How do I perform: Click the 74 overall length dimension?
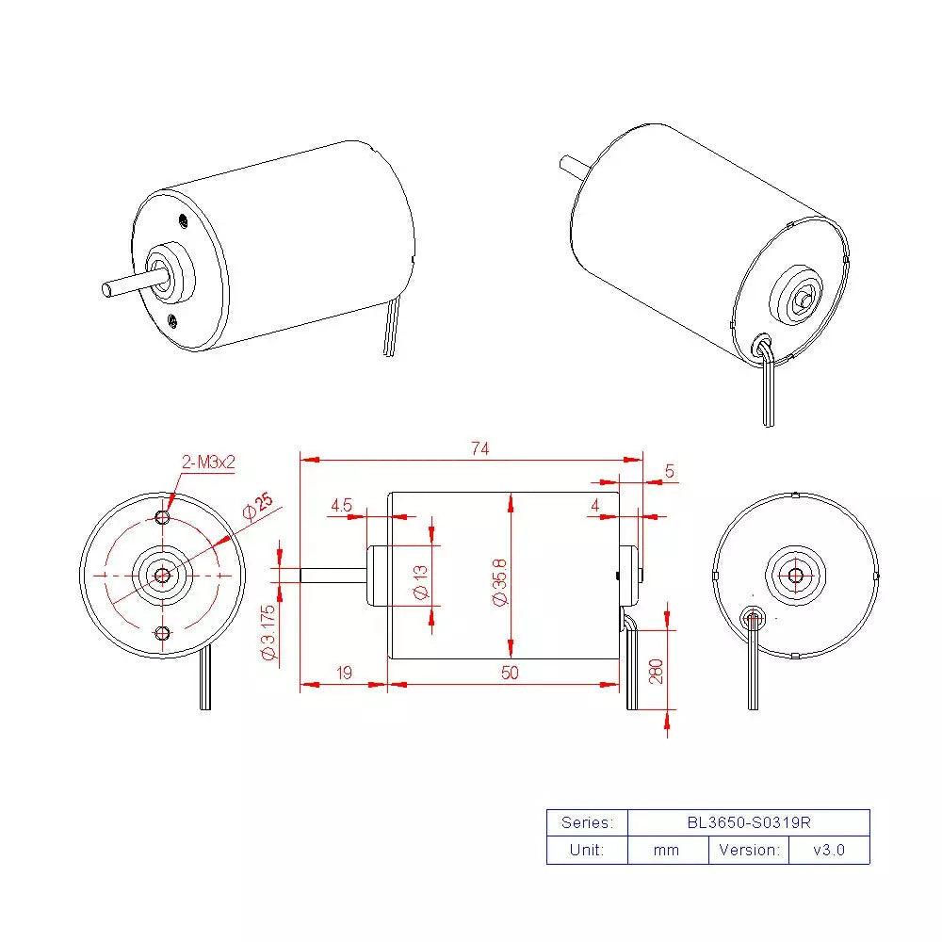click(479, 449)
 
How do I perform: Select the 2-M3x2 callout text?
click(209, 463)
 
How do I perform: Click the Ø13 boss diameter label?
click(420, 581)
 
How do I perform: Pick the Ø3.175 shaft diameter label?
click(269, 633)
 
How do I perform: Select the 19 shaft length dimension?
click(344, 673)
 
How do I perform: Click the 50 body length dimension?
click(509, 673)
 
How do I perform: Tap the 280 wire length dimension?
click(657, 670)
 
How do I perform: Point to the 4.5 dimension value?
click(341, 506)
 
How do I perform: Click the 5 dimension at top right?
click(670, 470)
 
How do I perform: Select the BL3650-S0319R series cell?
click(748, 822)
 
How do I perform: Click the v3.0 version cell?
click(829, 850)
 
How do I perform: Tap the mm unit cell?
click(666, 850)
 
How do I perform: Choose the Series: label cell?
click(586, 822)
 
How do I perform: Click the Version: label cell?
click(749, 850)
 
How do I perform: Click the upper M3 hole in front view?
click(163, 517)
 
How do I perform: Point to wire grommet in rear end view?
click(753, 619)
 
